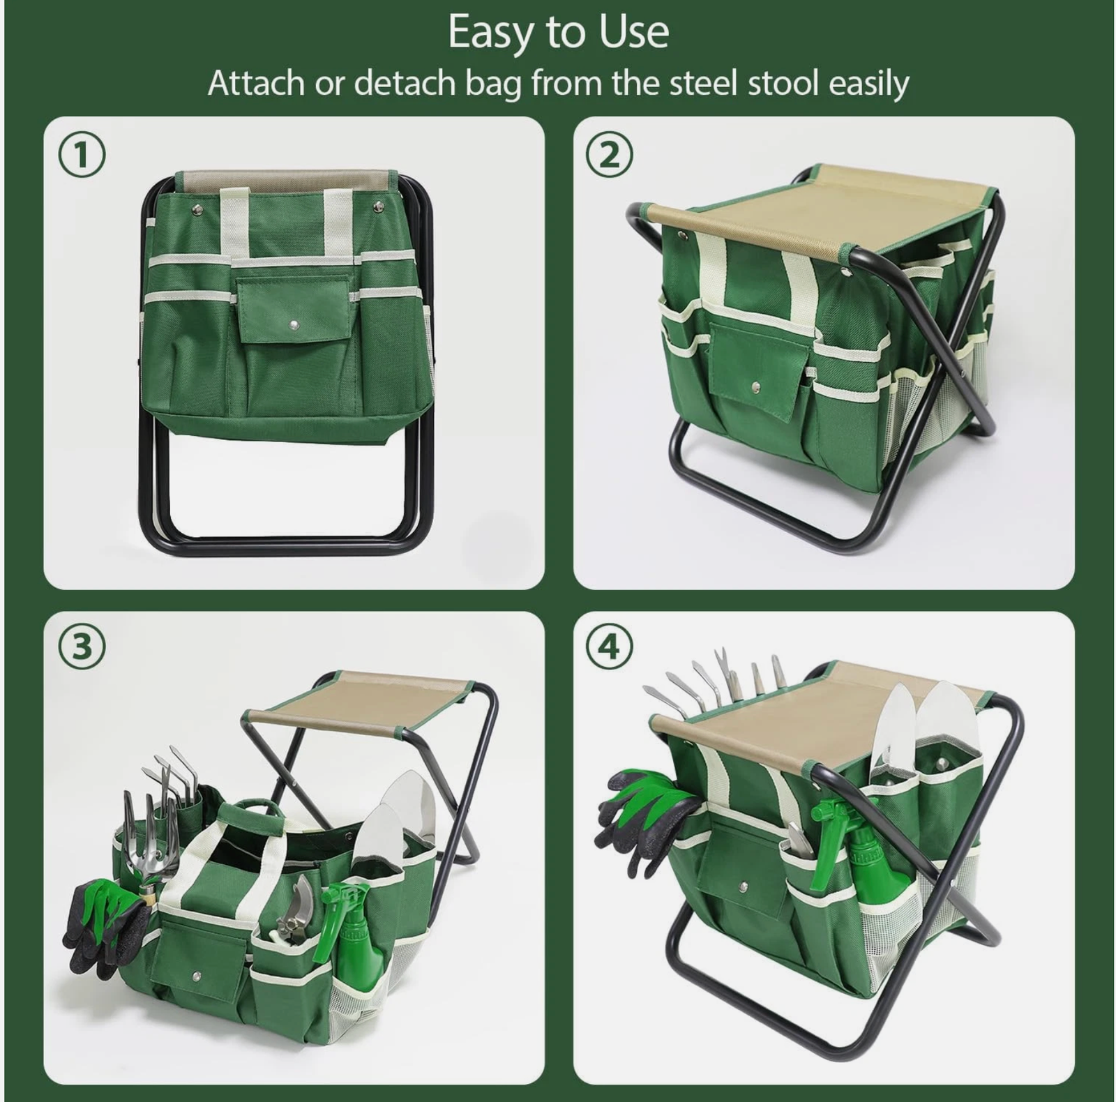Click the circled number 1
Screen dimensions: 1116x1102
coord(82,156)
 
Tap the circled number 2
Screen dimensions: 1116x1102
coord(610,156)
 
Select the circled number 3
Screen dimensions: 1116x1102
coord(82,647)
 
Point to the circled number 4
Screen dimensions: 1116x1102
coord(610,647)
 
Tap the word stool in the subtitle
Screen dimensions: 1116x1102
coord(783,84)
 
